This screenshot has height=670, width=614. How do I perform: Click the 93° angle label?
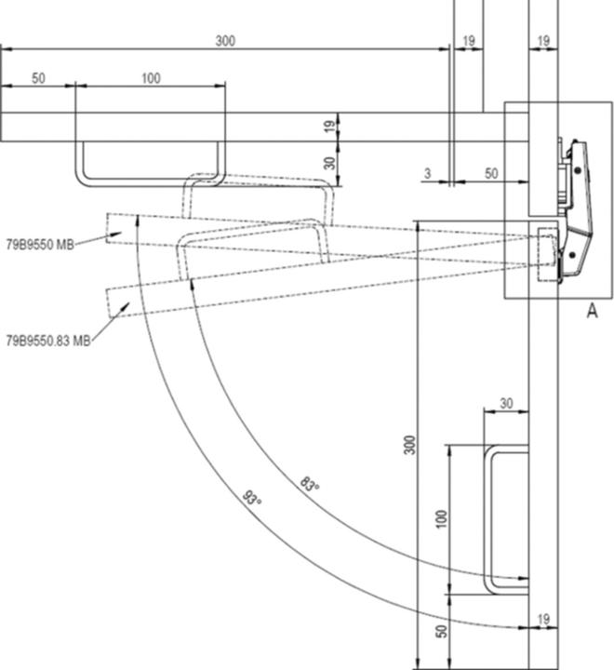[252, 499]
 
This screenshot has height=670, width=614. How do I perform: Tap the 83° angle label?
[309, 485]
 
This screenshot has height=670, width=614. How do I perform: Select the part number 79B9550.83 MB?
[47, 342]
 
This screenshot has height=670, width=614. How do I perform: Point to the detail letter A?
[591, 312]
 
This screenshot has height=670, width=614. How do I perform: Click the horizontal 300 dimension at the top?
[225, 41]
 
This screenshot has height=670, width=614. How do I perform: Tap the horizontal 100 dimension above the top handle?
[151, 78]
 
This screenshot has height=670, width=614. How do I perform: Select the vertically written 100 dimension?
[442, 517]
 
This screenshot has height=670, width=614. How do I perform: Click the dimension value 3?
[427, 174]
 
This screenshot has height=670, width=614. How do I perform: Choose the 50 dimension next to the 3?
[491, 174]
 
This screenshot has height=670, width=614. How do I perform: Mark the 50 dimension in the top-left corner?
[38, 78]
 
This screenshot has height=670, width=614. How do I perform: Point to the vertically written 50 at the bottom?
[442, 632]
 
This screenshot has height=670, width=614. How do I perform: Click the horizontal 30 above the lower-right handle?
[506, 403]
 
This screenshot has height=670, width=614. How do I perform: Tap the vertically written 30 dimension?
[327, 163]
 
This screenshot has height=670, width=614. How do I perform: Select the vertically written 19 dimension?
[327, 127]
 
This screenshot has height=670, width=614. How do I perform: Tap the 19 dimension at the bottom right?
[543, 618]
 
